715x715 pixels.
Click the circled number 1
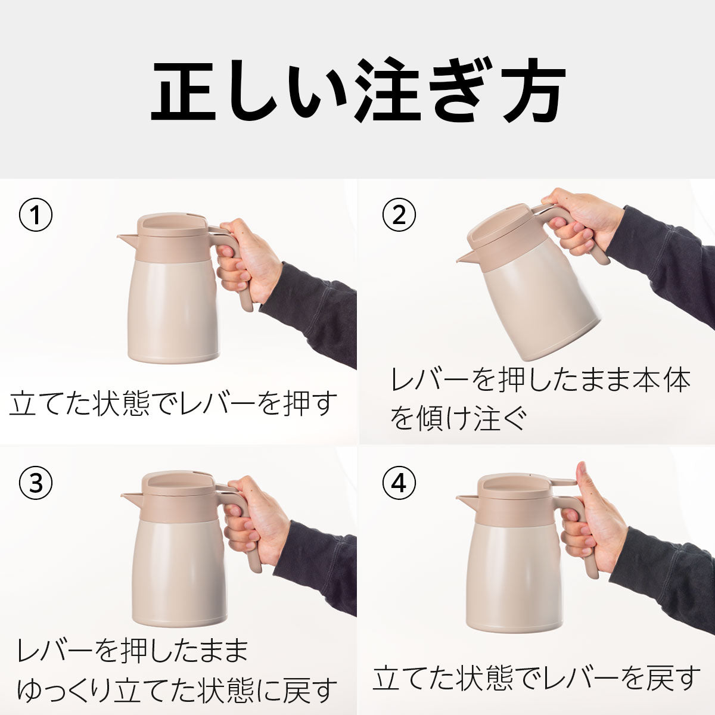click(x=36, y=215)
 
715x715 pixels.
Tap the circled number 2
click(x=399, y=215)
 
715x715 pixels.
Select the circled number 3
click(x=36, y=483)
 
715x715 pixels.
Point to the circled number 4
click(x=399, y=483)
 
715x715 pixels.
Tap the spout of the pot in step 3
click(x=130, y=497)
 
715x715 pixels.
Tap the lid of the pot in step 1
click(x=172, y=224)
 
